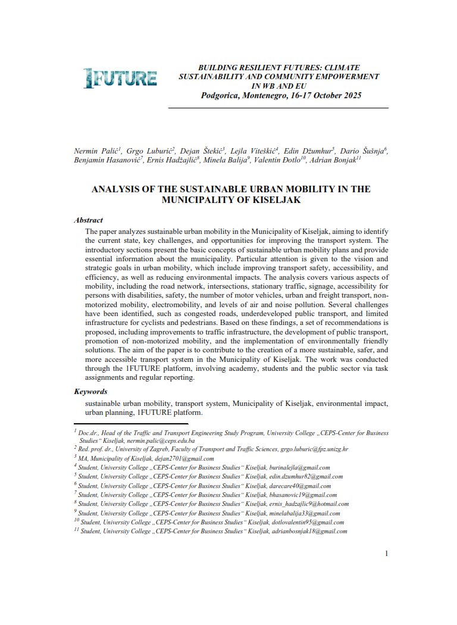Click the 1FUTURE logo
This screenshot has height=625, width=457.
point(120,78)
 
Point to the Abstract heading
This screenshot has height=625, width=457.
point(88,220)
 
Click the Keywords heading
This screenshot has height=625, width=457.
point(90,392)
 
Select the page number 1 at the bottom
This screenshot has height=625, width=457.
point(386,554)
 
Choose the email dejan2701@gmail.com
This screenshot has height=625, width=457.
point(185,459)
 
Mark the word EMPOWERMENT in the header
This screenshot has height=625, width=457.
point(344,77)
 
